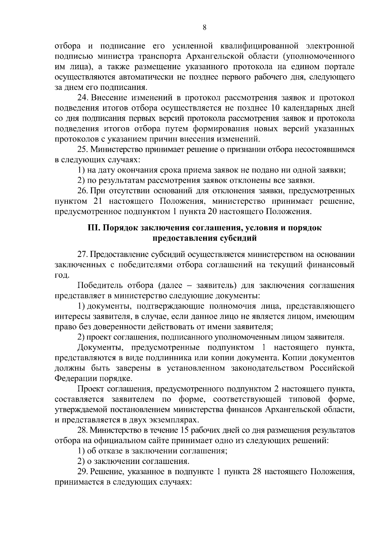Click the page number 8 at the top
[204, 28]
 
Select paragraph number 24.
[82, 98]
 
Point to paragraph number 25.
[82, 149]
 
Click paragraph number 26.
[82, 191]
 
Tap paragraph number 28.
[82, 430]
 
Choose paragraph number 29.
[82, 472]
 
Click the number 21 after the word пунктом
[97, 201]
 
